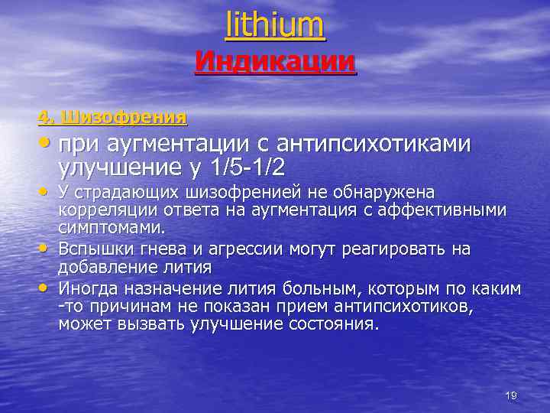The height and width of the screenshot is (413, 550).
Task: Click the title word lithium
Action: point(275,24)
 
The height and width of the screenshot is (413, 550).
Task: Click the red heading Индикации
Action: point(275,60)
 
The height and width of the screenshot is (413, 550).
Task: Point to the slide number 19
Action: point(511,395)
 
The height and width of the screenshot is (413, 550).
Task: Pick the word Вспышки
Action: point(93,249)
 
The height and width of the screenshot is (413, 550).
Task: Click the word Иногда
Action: point(89,288)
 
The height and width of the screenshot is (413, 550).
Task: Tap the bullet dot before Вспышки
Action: point(44,247)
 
